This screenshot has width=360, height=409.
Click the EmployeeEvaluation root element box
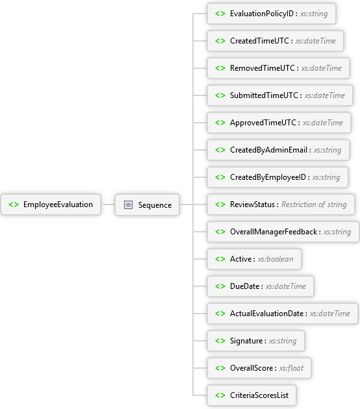[x=51, y=204]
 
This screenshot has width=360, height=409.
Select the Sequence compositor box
[x=148, y=204]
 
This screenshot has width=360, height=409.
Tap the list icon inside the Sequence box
[x=128, y=204]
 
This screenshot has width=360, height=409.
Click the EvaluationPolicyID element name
[x=262, y=14]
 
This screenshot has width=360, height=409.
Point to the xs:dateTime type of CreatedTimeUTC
[x=316, y=41]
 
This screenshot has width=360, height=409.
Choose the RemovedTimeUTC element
[x=278, y=68]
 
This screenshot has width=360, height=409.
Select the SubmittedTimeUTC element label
[x=264, y=95]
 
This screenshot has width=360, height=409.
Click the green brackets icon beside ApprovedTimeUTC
[x=220, y=123]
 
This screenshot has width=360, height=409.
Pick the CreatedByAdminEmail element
[x=278, y=150]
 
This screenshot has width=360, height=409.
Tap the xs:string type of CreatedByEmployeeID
[x=326, y=177]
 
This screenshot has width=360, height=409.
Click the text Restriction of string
[x=314, y=204]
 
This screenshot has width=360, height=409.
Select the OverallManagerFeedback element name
[x=274, y=232]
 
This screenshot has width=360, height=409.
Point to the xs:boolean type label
[x=276, y=259]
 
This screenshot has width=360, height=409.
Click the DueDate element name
[x=244, y=286]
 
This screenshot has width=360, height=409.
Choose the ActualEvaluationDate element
[x=283, y=314]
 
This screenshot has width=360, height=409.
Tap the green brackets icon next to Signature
[x=220, y=341]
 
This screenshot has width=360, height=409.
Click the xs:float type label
[x=291, y=368]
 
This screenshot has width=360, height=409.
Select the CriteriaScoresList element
[x=251, y=395]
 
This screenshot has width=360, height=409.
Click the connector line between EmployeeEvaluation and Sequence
[x=108, y=204]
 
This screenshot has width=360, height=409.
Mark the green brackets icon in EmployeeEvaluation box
[x=14, y=204]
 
